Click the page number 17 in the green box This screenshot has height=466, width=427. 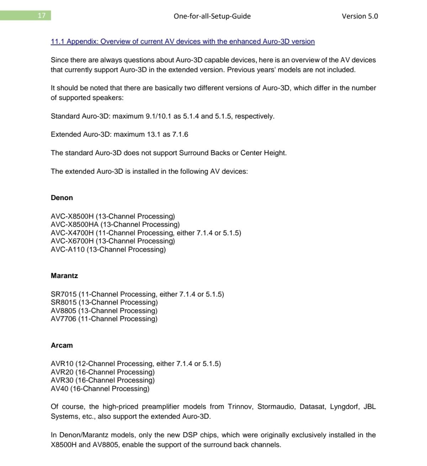click(x=42, y=16)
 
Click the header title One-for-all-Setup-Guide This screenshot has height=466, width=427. click(x=212, y=16)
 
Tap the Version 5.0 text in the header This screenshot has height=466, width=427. click(x=360, y=16)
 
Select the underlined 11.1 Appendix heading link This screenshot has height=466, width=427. click(x=183, y=41)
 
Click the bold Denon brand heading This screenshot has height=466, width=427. click(x=62, y=198)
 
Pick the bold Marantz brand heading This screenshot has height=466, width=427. click(x=64, y=276)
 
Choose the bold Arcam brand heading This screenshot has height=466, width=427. click(x=62, y=345)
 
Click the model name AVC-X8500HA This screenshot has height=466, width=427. click(x=74, y=225)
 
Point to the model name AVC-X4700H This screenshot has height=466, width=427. click(x=72, y=233)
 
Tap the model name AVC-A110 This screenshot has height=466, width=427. click(x=68, y=250)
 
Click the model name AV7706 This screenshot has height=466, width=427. click(x=64, y=319)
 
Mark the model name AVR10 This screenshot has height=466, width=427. click(x=62, y=364)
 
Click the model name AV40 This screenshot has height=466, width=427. click(x=59, y=389)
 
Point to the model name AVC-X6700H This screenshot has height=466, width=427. click(x=72, y=241)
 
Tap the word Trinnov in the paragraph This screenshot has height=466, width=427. click(x=240, y=407)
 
